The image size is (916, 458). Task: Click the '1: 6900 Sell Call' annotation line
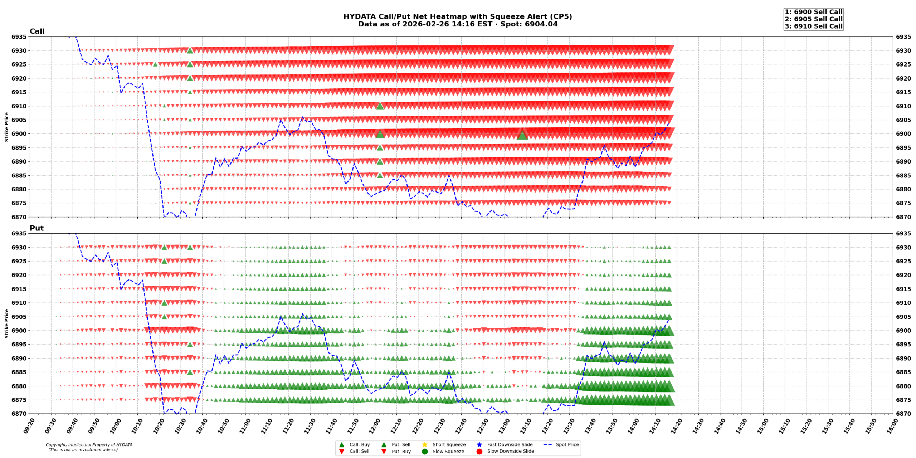(x=813, y=12)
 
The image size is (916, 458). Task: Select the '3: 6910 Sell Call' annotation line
(x=813, y=26)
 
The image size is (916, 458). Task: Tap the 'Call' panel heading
(x=37, y=31)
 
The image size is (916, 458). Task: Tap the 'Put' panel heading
(x=36, y=228)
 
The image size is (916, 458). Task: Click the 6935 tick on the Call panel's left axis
(x=19, y=37)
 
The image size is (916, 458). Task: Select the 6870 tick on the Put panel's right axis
(x=903, y=414)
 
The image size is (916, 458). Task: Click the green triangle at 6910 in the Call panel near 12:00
(x=380, y=106)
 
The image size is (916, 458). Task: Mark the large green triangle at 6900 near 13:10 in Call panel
(x=522, y=135)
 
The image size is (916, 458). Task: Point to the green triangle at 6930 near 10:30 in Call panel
(x=190, y=50)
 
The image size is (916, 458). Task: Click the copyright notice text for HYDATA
(x=89, y=447)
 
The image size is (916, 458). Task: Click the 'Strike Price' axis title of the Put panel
(x=6, y=323)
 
